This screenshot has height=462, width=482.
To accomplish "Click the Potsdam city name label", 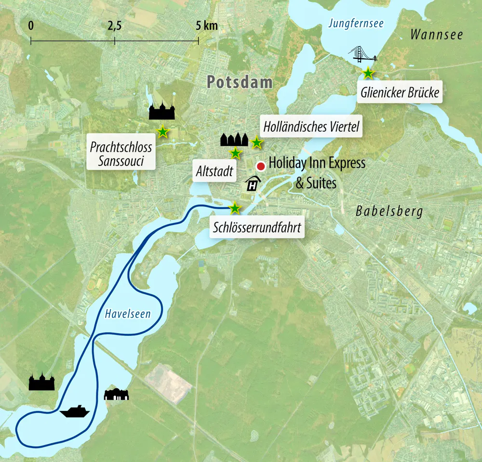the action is pos(240,82).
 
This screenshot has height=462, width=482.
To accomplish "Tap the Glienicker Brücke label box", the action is pos(400,92).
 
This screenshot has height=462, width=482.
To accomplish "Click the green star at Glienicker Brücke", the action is pos(368,73).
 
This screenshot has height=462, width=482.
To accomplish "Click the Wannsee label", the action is pos(437,35).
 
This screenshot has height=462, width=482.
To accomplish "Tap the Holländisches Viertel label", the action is pos(311,127).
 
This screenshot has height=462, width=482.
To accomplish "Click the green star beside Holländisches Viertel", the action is pos(257,143).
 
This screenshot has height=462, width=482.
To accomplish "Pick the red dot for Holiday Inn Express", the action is pos(261,166).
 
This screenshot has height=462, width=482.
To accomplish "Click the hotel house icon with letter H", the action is pos(253,184).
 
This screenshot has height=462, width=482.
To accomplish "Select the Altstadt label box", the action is pos(215,171).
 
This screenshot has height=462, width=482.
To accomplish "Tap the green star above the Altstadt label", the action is pos(235,154).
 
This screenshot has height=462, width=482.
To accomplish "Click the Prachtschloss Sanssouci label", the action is pos(121,154).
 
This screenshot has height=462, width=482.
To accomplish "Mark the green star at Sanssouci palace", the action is pos(163,131).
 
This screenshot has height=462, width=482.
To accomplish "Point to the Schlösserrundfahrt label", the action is pos(257,227).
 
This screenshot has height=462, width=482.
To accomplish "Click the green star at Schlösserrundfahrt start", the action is pos(234,208).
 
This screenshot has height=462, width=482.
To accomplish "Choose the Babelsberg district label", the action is pos(389,211).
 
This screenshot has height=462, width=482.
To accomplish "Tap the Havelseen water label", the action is pos(128,314).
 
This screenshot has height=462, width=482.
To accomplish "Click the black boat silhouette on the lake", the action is pos(75,411).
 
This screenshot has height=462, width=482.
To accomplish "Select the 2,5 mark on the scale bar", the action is pos(115,26).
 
